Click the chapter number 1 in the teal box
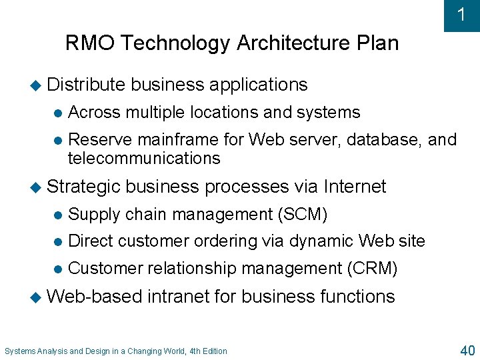click(x=462, y=15)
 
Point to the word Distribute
click(x=86, y=85)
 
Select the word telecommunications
click(x=144, y=159)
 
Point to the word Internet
click(x=355, y=187)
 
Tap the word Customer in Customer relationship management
click(x=105, y=269)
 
